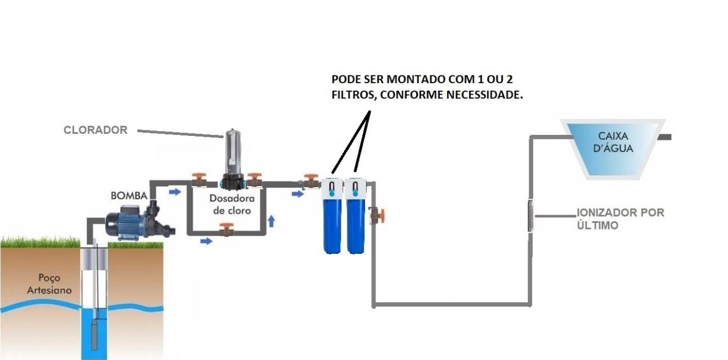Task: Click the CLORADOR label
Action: click(x=95, y=130)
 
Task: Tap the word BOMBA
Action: click(x=129, y=195)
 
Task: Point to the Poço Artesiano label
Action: click(x=49, y=284)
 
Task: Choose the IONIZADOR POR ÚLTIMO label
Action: click(x=620, y=219)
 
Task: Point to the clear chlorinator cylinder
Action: click(x=231, y=152)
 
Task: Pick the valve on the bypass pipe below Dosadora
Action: click(x=226, y=230)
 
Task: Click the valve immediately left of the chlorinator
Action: click(x=199, y=181)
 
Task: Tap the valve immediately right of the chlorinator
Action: click(x=254, y=181)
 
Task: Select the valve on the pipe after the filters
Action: click(x=378, y=215)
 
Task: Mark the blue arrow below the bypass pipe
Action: click(x=206, y=241)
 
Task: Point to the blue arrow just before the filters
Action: click(x=297, y=194)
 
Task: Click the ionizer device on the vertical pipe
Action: click(x=531, y=215)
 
